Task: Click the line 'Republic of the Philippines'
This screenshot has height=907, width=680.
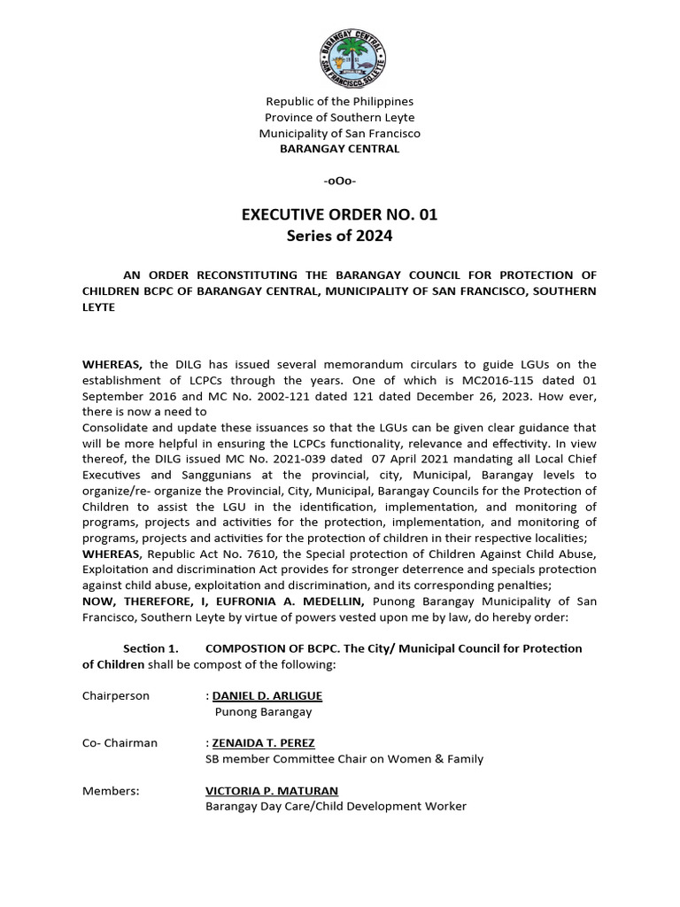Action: (339, 102)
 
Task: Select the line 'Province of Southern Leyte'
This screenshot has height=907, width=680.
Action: (339, 118)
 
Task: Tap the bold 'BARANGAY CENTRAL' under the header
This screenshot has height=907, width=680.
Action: (339, 149)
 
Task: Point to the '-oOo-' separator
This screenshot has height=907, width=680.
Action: (339, 181)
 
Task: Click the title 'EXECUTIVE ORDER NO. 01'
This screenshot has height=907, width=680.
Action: (339, 214)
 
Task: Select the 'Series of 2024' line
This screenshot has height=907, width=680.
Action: (339, 236)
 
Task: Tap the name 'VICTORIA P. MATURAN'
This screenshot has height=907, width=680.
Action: (272, 791)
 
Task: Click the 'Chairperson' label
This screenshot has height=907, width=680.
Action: (116, 695)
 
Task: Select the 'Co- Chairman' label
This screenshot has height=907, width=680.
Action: (120, 743)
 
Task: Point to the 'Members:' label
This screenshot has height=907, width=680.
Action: (111, 791)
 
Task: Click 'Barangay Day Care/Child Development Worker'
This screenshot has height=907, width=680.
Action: (336, 807)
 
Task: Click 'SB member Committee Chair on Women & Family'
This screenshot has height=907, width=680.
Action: (344, 759)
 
